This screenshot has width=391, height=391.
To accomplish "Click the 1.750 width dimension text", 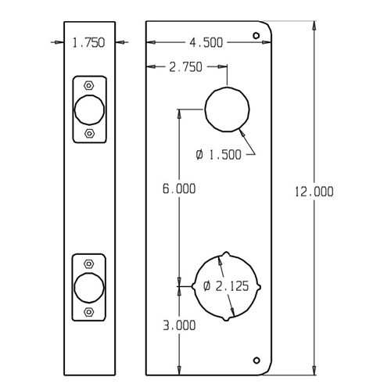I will pos(88,44).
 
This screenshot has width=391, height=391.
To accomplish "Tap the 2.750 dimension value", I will pos(185,67).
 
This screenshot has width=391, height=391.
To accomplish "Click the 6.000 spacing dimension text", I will pos(179,188).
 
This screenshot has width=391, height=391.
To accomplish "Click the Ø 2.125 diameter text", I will pos(227,286).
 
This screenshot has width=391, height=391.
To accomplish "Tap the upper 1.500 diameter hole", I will pos(228,109).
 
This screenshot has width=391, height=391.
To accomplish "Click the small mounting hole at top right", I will pos(256,36).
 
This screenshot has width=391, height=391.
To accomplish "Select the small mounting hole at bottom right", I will pos(256,360).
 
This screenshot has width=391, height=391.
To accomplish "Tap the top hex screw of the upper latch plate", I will pos(88,84).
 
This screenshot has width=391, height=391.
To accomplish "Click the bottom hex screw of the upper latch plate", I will pos(88,134).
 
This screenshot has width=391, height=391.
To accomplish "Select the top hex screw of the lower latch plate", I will pos(88,261).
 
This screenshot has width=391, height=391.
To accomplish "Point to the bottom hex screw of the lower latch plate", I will pos(88,310).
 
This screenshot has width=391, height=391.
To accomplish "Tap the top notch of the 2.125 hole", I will pos(227,255).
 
